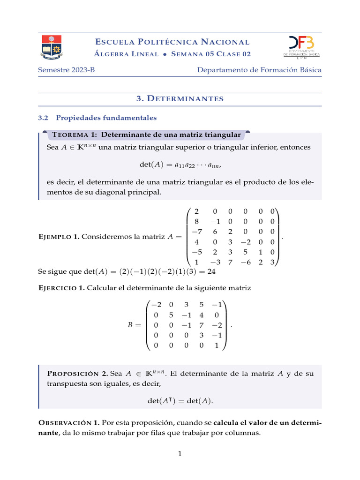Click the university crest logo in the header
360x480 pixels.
click(51, 47)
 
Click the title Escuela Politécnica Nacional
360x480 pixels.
click(172, 42)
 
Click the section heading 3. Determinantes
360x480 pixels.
click(180, 98)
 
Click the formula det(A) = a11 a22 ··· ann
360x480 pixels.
click(180, 165)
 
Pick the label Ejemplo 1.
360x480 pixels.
click(58, 237)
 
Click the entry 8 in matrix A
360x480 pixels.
click(196, 221)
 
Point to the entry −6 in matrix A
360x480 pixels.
click(245, 262)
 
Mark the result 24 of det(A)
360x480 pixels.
click(211, 271)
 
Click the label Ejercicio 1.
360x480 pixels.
click(61, 288)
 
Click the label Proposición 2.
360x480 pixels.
click(78, 374)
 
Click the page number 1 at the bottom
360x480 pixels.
click(180, 454)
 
